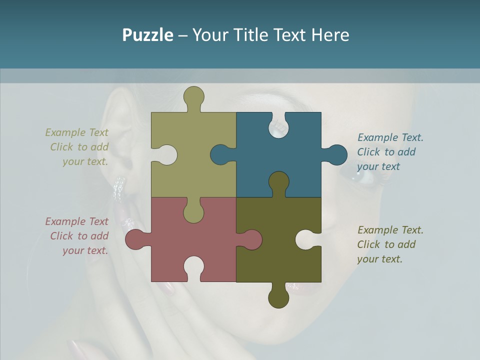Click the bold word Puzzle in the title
click(x=147, y=35)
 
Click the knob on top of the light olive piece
click(x=193, y=96)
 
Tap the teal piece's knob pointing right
click(x=336, y=155)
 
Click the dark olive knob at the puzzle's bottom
click(x=278, y=298)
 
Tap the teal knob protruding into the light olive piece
click(x=220, y=154)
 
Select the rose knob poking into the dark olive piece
click(x=251, y=239)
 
